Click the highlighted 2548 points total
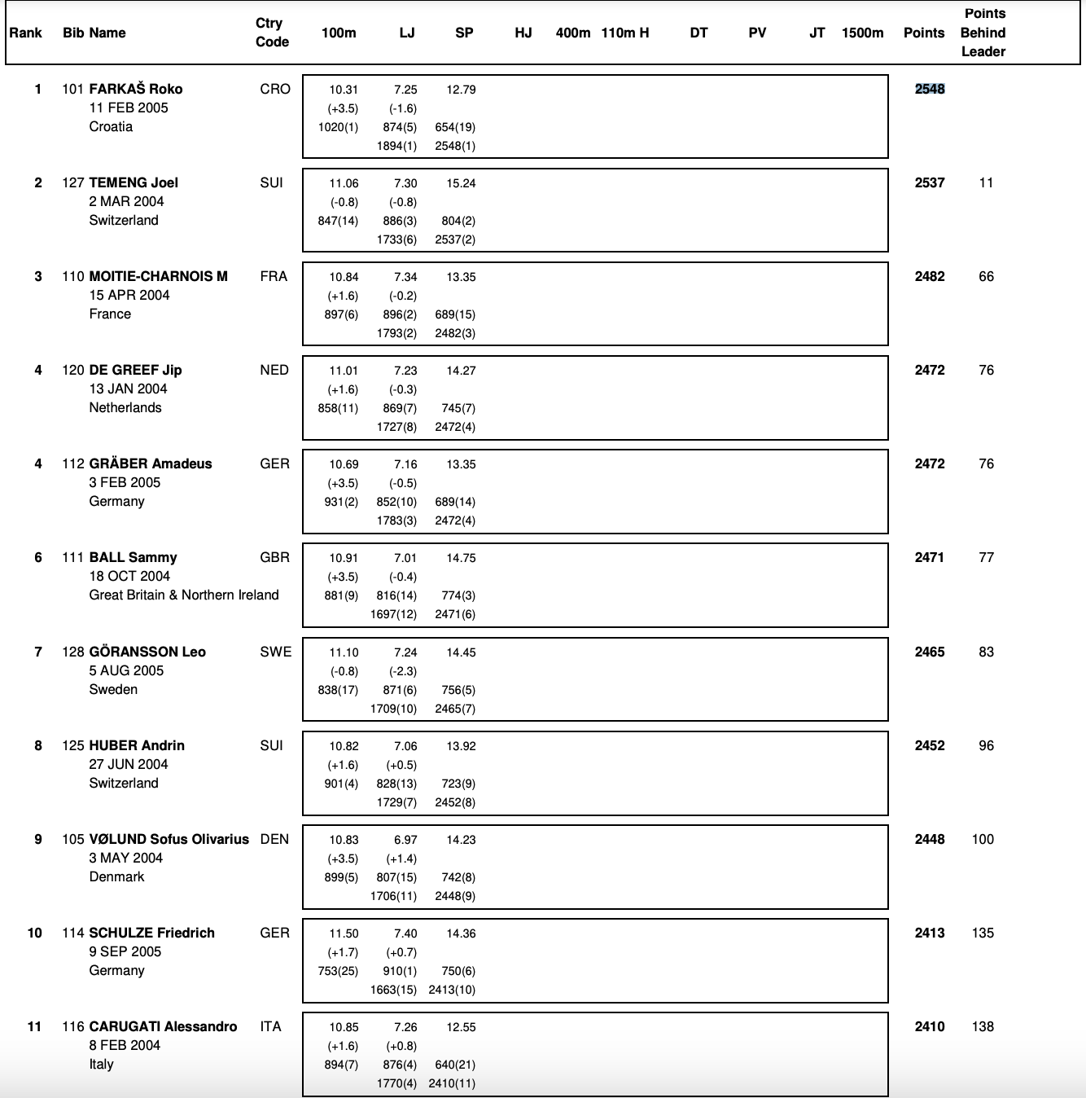coord(930,89)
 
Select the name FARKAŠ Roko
coord(135,89)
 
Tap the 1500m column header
coord(862,33)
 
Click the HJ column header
coord(523,33)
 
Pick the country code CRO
coord(275,89)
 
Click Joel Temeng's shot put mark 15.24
coord(461,183)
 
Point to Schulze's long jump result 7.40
coord(405,933)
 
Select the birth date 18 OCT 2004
coord(129,576)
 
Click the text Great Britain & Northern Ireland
coord(184,595)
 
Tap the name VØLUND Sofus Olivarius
coord(169,839)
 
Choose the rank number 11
coord(34,1026)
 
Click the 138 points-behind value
coord(983,1026)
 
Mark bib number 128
coord(73,652)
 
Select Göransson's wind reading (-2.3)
coord(402,671)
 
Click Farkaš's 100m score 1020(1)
coord(338,127)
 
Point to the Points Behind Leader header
coord(983,33)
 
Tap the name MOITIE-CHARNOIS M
coord(158,276)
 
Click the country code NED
coord(274,370)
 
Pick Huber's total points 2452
coord(930,745)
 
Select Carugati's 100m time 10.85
coord(344,1027)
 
